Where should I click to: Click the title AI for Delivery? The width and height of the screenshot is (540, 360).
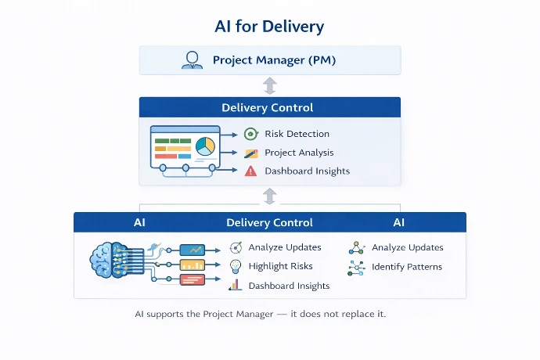pos(269,27)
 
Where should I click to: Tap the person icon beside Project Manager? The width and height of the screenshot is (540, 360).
pos(192,59)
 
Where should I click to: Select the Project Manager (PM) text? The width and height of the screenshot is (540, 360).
pos(274,59)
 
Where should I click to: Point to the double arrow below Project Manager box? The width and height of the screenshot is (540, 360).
pos(269,85)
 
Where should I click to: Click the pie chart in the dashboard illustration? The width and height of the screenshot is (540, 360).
pos(206,146)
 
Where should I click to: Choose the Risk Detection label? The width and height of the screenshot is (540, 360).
pos(297,134)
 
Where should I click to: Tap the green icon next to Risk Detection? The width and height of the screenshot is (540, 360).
pos(250,134)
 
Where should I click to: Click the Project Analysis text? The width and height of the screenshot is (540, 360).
pos(299,153)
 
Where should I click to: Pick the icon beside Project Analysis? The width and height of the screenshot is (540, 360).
pos(250,153)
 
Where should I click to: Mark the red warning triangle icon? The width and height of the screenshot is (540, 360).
pos(250,171)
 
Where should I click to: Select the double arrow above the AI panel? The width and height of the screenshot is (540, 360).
pos(269,196)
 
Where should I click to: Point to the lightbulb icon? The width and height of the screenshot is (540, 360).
pos(235,267)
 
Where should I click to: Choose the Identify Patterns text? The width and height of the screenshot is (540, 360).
pos(406,267)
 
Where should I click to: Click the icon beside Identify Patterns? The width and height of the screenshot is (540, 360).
pos(356,267)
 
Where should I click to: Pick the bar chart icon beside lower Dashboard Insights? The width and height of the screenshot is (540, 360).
pos(235,286)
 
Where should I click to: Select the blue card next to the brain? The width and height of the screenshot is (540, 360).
pos(193,250)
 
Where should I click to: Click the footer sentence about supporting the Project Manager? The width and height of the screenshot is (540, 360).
pos(261,315)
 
